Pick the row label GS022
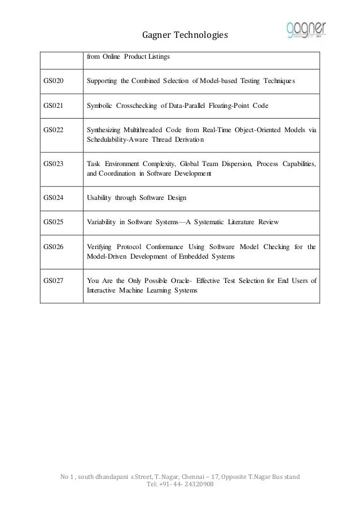[x=54, y=130]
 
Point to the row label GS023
[x=54, y=164]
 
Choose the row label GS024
[x=54, y=198]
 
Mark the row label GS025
[x=54, y=222]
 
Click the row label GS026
[x=54, y=246]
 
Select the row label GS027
[x=54, y=280]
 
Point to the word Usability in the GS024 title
[x=99, y=198]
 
